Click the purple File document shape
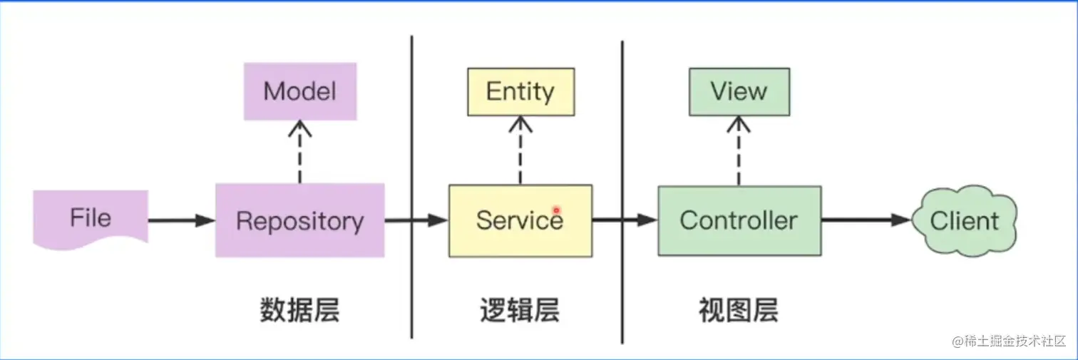click(91, 217)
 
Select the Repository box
click(299, 220)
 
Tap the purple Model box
click(299, 91)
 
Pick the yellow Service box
click(520, 220)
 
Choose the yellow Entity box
click(520, 91)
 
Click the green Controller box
click(739, 220)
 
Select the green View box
click(739, 91)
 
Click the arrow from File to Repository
click(182, 221)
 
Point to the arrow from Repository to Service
click(416, 221)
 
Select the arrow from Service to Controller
click(624, 221)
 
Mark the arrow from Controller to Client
click(866, 221)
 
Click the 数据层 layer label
click(299, 311)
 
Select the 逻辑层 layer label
click(520, 311)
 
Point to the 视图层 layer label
click(739, 311)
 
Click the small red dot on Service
click(556, 210)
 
